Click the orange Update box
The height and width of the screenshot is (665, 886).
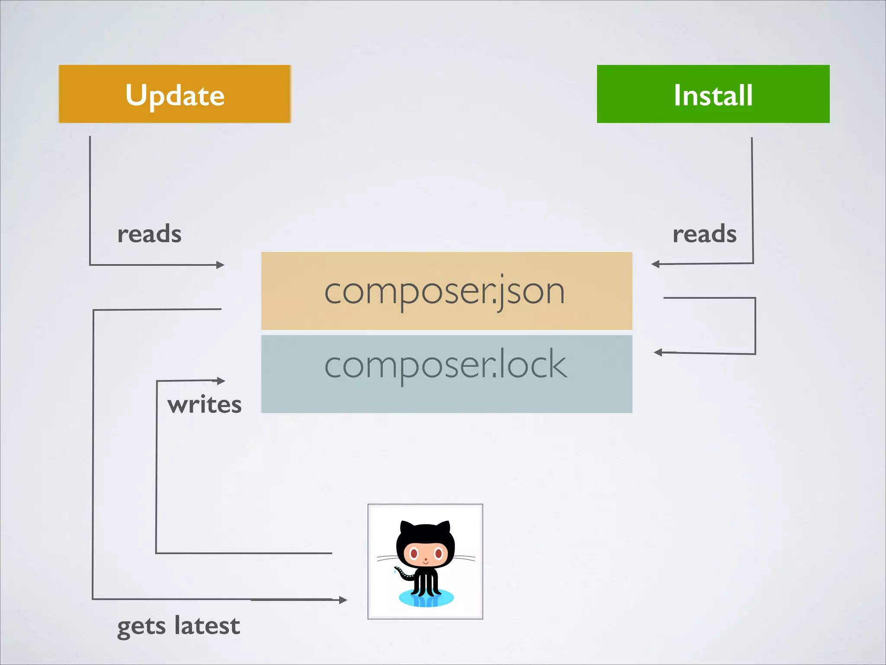175,94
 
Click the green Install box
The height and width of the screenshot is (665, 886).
713,94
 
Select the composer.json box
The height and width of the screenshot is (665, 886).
446,291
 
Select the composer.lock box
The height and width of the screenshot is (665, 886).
446,374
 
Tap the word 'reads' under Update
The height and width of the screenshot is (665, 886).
149,234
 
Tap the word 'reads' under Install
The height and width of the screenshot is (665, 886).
704,234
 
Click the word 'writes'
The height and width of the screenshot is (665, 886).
204,405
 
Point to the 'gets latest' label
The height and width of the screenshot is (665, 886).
178,626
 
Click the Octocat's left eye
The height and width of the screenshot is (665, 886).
414,553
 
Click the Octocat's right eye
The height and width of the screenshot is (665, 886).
438,553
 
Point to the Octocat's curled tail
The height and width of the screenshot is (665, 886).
402,574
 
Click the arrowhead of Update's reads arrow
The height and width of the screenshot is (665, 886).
221,265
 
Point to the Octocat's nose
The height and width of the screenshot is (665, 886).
426,560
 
